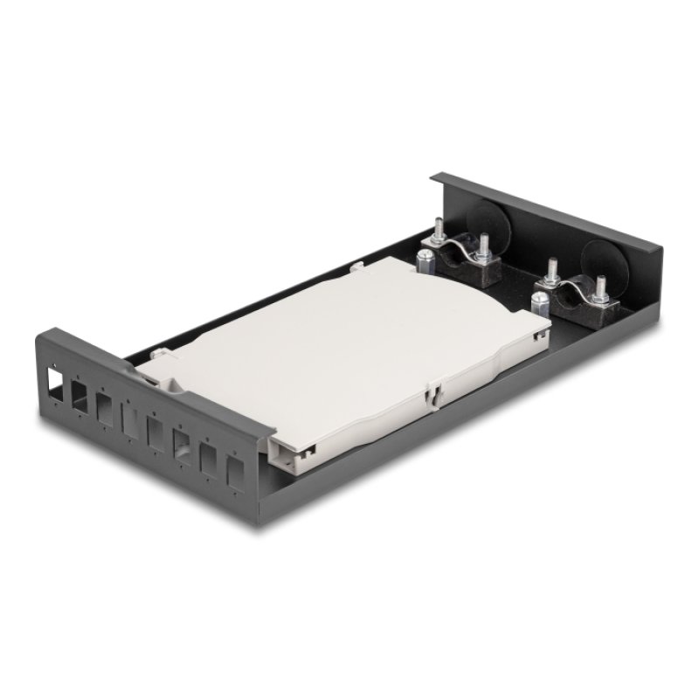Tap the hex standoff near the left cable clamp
(x=423, y=262)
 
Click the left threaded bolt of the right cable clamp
(x=551, y=269)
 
